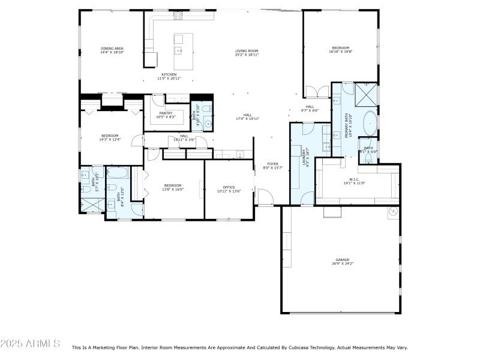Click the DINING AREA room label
pyautogui.click(x=112, y=48)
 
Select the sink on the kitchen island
pyautogui.click(x=179, y=51)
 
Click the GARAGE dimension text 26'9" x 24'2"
pyautogui.click(x=343, y=263)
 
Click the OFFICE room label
pyautogui.click(x=229, y=187)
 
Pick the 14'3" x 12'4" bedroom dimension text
pyautogui.click(x=110, y=139)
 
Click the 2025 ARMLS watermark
pyautogui.click(x=30, y=344)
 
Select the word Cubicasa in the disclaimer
pyautogui.click(x=307, y=347)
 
